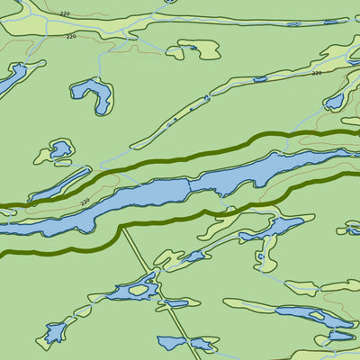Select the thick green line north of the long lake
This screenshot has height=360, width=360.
(180, 157)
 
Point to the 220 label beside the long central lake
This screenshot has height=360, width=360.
(85, 202)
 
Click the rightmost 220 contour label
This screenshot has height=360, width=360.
(316, 73)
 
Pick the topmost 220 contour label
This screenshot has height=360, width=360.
(64, 14)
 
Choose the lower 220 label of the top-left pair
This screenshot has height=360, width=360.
(71, 37)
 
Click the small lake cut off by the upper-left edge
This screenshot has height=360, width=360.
(9, 81)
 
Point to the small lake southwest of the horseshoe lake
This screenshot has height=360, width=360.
(61, 149)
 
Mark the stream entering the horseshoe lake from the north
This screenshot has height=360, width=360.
(99, 63)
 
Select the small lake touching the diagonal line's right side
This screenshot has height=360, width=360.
(177, 303)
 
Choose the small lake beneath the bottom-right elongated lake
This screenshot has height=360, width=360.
(340, 336)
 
